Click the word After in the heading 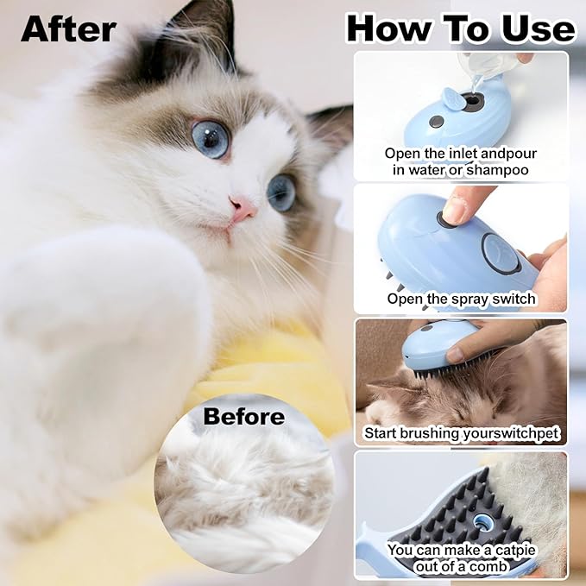point(68,28)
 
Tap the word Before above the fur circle point(243,417)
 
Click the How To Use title point(460,28)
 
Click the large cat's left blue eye point(210,138)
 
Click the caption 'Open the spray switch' point(461,299)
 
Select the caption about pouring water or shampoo point(461,162)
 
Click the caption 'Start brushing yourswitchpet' point(461,432)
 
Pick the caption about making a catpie point(461,558)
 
